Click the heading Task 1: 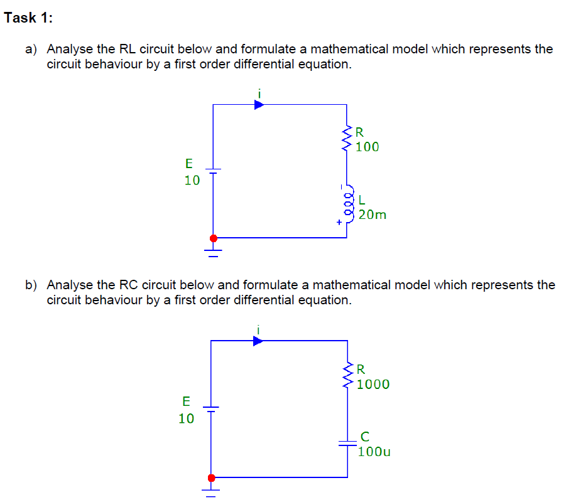(28, 18)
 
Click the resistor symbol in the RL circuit (347, 138)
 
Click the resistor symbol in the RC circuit (347, 375)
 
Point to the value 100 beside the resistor (367, 147)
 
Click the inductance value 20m (373, 215)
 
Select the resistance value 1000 (373, 385)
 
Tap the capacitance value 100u (374, 451)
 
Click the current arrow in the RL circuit (259, 105)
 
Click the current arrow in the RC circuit (258, 341)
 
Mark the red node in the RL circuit (213, 238)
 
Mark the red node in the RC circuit (211, 477)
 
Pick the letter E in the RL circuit (189, 164)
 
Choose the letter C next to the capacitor (365, 435)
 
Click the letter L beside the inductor (361, 200)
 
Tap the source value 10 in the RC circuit (187, 418)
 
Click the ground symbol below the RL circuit (213, 252)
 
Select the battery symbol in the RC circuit (211, 410)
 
